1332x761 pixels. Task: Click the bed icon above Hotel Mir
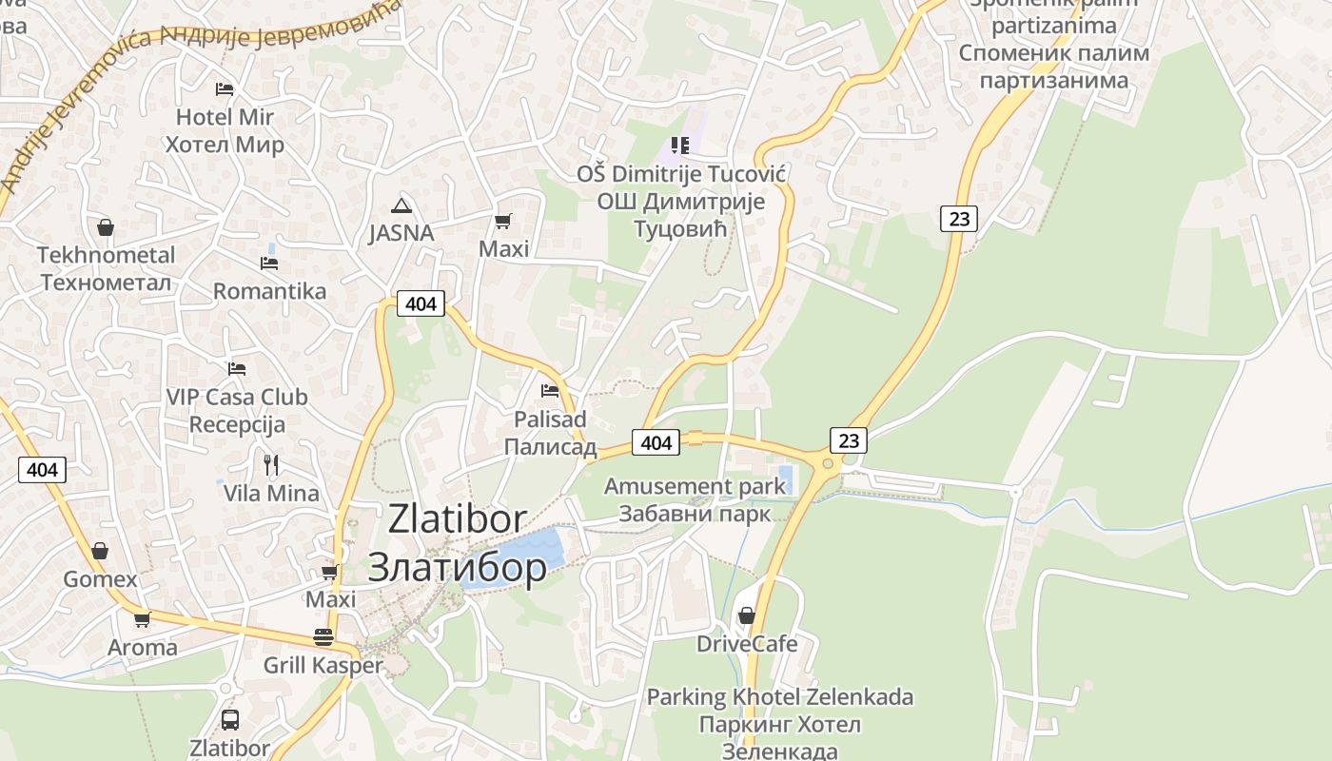225,89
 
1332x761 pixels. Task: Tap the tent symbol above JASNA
402,205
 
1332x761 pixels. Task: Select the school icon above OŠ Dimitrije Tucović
680,146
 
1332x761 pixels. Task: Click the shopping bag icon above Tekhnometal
106,227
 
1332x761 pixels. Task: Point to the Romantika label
269,291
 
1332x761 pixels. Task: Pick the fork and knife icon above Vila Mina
271,464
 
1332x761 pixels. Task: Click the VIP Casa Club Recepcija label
237,410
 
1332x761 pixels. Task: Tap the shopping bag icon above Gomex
100,551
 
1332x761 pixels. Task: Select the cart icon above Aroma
142,619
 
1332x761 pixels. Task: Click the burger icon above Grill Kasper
323,637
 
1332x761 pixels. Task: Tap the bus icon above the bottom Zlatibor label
229,719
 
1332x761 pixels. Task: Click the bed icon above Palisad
550,390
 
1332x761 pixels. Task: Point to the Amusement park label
695,486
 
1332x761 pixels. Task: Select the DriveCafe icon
747,615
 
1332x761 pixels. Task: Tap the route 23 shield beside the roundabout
849,439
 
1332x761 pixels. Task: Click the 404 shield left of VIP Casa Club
43,469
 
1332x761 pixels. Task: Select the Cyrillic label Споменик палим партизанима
1053,67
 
